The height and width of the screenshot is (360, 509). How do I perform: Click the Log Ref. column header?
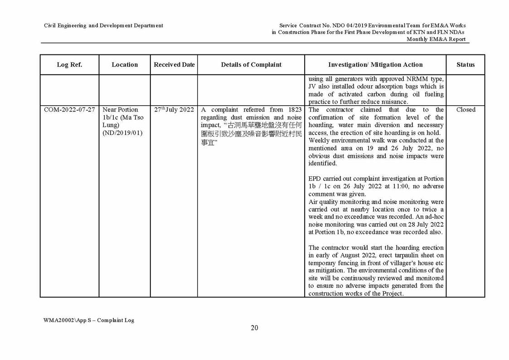pos(69,65)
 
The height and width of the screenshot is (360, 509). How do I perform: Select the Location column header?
pos(125,65)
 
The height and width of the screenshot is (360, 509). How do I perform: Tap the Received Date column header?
pos(174,65)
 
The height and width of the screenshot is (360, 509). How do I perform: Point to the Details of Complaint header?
pos(251,65)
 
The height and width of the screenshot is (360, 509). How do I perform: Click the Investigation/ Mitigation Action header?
pos(375,65)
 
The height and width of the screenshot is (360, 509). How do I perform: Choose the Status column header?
pos(465,65)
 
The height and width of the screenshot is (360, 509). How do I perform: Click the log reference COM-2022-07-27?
pos(69,110)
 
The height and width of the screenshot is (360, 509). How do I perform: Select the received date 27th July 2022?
pos(174,110)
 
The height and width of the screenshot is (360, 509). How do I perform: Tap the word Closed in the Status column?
pos(465,110)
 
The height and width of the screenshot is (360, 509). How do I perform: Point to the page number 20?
pos(254,328)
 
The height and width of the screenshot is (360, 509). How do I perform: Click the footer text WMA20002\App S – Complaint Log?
pos(89,320)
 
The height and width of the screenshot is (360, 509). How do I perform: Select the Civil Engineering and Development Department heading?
pos(103,26)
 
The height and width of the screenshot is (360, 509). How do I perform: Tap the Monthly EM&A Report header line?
pos(436,39)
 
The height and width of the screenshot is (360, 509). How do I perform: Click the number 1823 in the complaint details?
pos(294,110)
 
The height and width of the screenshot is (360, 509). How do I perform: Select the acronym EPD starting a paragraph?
pos(315,179)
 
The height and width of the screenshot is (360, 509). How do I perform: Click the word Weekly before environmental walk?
pos(319,141)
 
